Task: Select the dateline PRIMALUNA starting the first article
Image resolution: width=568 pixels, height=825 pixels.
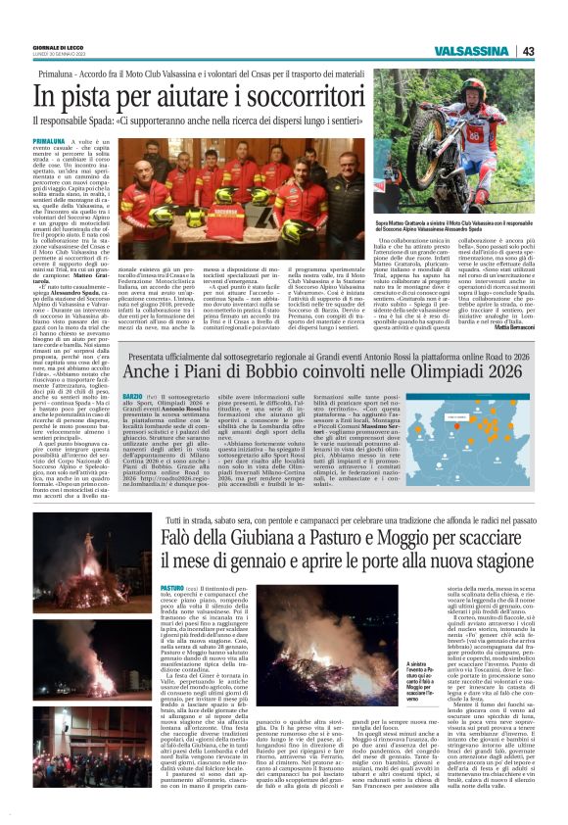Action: point(50,141)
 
